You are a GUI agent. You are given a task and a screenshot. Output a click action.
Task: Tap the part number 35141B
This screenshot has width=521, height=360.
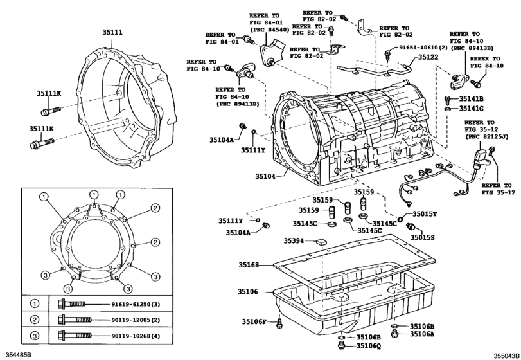coord(471,99)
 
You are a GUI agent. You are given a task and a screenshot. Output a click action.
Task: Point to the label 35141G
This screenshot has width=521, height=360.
coord(471,110)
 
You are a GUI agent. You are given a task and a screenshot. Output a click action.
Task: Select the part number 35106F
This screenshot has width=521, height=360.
coord(254,321)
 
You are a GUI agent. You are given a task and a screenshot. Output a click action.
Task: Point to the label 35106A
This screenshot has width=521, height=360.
coord(423,334)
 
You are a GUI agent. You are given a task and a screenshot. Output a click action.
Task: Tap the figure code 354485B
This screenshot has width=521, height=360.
coord(18,354)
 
